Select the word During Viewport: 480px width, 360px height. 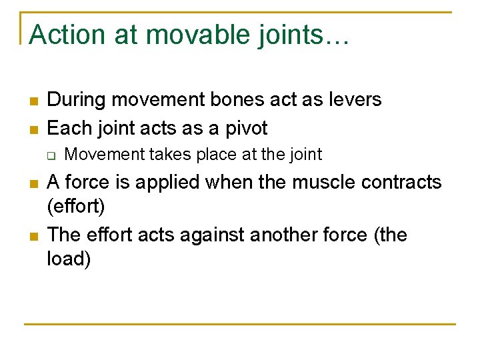[x=77, y=100]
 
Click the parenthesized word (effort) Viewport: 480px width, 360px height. [x=76, y=207]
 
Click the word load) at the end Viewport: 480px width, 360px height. [x=69, y=259]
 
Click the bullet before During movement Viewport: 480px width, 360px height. [x=32, y=101]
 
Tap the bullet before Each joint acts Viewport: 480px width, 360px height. [x=32, y=129]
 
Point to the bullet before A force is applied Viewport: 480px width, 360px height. [x=32, y=183]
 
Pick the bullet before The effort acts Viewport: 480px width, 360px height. [x=32, y=236]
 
